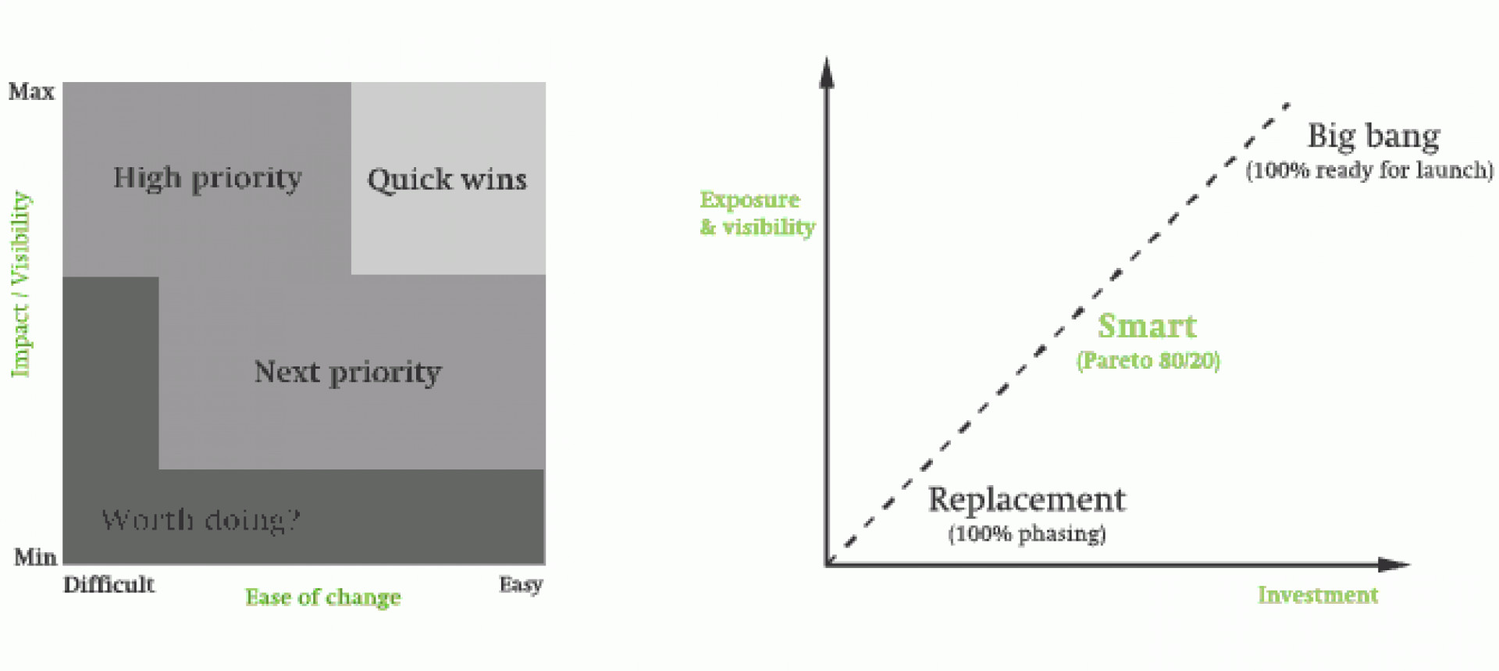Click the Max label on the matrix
(x=31, y=92)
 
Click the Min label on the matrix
(x=35, y=558)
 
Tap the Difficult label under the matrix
(x=109, y=585)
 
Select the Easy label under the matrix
(x=521, y=585)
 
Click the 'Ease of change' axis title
(x=323, y=598)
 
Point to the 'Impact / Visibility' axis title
(x=20, y=284)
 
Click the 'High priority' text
(x=207, y=179)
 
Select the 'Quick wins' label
(x=447, y=180)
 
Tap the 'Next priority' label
(x=347, y=373)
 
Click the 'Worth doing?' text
(x=201, y=520)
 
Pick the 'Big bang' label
(x=1373, y=137)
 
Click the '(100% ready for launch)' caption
(x=1369, y=170)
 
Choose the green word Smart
(x=1147, y=327)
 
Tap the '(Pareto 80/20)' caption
(x=1148, y=361)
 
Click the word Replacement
(x=1027, y=500)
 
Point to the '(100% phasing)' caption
(x=1027, y=534)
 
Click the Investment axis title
(x=1317, y=595)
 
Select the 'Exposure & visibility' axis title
(x=757, y=213)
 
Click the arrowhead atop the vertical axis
(x=827, y=72)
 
